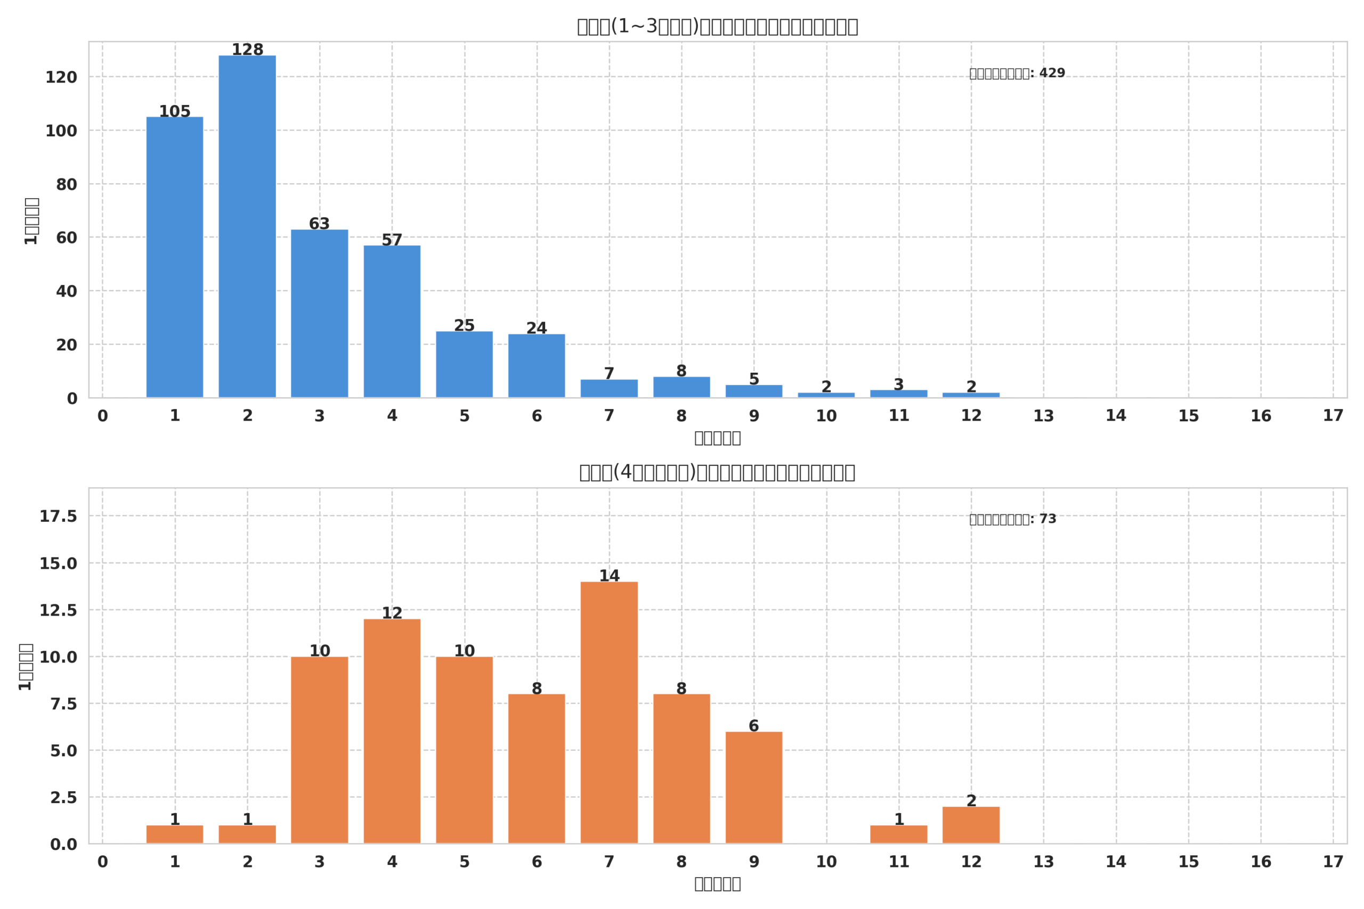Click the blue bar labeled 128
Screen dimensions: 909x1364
pos(247,226)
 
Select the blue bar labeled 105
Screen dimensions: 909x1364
pos(175,257)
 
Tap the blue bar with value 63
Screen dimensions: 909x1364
pos(320,313)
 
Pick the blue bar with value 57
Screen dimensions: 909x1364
pos(392,321)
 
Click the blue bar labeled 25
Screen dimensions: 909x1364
pos(465,364)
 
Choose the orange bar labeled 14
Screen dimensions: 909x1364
pos(609,713)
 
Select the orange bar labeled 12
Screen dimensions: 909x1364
pos(392,731)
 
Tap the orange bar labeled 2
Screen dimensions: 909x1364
pos(971,825)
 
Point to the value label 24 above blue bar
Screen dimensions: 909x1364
pos(537,328)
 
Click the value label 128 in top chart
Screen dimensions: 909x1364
pos(248,50)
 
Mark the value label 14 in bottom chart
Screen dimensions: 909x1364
pos(609,576)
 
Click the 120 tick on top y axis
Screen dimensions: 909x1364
pos(61,77)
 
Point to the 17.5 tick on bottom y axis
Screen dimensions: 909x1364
pos(58,516)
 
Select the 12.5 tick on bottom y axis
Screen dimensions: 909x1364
pos(58,610)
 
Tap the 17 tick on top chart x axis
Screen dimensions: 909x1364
pos(1333,416)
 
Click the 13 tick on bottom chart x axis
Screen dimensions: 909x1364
pos(1043,862)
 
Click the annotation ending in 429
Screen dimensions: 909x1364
pos(1017,73)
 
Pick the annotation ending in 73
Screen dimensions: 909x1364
pos(1012,519)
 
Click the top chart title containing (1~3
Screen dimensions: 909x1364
pos(717,27)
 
